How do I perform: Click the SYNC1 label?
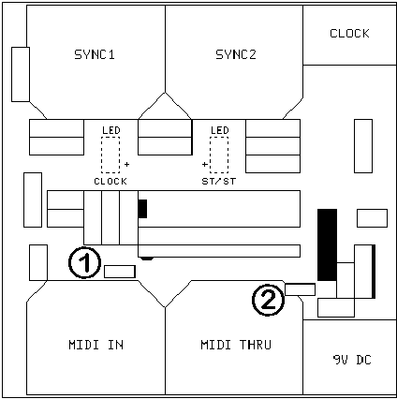[94, 54]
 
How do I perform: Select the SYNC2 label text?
[235, 54]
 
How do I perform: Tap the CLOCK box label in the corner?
[349, 34]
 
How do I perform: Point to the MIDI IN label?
[96, 345]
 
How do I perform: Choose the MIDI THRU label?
[235, 345]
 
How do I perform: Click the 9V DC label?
[351, 360]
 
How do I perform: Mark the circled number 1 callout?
[85, 263]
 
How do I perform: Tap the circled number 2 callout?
[268, 300]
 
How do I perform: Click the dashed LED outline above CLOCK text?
[110, 153]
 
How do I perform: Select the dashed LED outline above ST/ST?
[219, 153]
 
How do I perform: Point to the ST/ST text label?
[219, 180]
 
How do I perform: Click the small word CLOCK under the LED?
[110, 180]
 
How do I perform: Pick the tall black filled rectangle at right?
[327, 244]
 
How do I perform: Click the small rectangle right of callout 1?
[119, 272]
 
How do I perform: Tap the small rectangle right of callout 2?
[300, 288]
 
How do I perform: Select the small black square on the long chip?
[142, 208]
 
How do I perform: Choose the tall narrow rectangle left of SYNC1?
[21, 73]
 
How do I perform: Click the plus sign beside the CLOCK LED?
[126, 165]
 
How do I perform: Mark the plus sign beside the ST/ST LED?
[204, 165]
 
